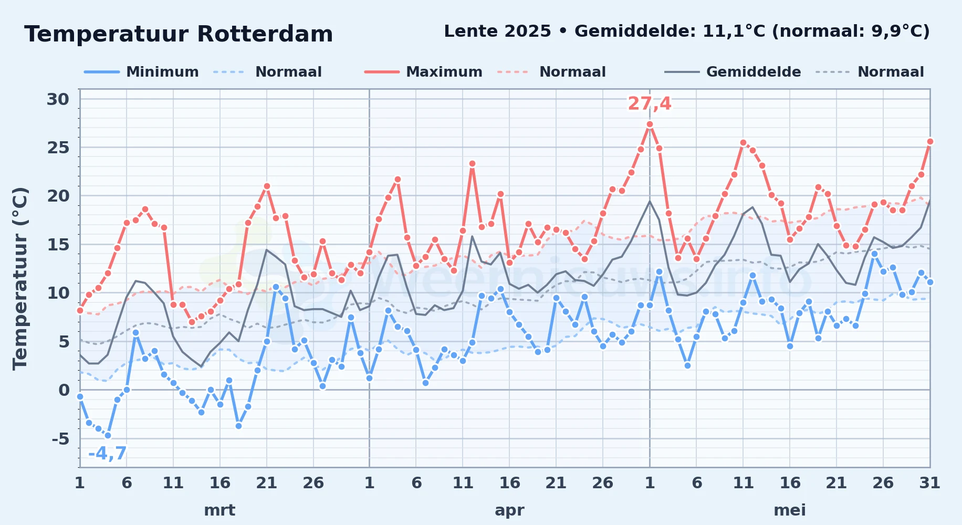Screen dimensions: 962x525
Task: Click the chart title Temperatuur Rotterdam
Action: [179, 34]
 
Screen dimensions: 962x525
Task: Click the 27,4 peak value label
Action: [650, 103]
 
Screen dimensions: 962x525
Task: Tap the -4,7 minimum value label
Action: [108, 453]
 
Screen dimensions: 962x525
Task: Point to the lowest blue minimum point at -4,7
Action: [108, 435]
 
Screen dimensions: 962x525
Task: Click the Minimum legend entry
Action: [142, 72]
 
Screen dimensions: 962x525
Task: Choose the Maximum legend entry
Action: [424, 72]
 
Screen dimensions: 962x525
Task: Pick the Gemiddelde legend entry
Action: [733, 72]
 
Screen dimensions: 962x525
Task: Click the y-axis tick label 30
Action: [58, 99]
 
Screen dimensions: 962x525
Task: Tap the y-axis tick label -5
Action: [60, 438]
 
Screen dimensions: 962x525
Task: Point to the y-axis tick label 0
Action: [64, 390]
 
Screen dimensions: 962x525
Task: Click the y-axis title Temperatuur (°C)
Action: [20, 278]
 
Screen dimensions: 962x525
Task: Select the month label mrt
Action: [219, 510]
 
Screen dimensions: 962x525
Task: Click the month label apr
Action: [509, 510]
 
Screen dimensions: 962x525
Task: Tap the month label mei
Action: [790, 510]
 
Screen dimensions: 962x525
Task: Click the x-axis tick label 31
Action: [929, 482]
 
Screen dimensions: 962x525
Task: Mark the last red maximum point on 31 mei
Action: [930, 141]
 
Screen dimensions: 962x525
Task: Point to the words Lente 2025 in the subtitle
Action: [497, 31]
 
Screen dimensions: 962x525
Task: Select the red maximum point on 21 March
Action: [267, 186]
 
